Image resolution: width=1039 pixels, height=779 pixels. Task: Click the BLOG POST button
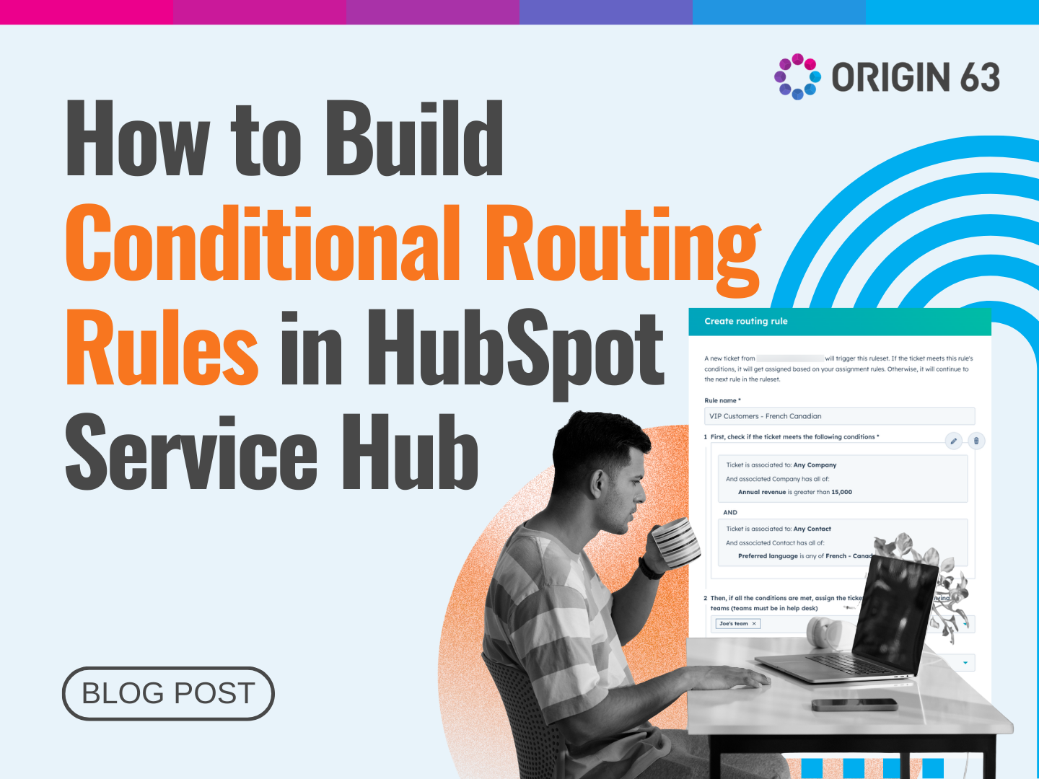(x=168, y=693)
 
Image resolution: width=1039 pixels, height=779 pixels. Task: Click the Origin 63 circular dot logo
(x=797, y=76)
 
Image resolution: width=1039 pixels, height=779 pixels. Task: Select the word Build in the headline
(x=414, y=138)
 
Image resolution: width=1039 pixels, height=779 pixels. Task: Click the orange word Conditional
(x=263, y=243)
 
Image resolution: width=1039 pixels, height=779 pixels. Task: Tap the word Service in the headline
(x=191, y=453)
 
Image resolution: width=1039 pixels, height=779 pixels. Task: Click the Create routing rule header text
(x=746, y=321)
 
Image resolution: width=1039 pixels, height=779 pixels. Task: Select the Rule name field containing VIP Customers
(x=838, y=416)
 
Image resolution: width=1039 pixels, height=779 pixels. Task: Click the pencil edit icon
(x=954, y=441)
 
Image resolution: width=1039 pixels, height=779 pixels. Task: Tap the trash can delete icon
(x=976, y=441)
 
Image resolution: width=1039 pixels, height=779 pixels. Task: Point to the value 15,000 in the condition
(x=841, y=492)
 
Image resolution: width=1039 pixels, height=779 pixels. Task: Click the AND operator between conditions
(x=730, y=512)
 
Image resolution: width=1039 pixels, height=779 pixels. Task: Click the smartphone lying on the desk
(x=854, y=704)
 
